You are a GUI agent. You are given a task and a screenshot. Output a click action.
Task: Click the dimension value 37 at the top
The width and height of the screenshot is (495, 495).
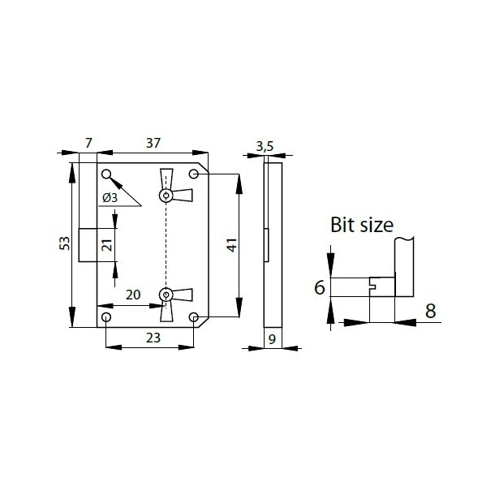pos(153,143)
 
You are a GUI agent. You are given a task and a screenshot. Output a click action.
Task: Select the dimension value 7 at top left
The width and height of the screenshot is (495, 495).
pos(88,143)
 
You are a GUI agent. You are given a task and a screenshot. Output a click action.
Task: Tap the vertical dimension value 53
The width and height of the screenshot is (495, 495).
pos(64,244)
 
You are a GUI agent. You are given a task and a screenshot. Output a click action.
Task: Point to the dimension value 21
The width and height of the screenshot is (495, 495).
pos(105,245)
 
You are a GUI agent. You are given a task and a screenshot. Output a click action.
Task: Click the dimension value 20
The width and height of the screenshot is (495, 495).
pos(134,295)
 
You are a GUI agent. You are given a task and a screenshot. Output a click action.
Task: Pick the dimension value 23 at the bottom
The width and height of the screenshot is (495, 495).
pos(152,337)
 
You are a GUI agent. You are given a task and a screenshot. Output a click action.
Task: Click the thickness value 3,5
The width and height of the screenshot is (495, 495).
pos(265,147)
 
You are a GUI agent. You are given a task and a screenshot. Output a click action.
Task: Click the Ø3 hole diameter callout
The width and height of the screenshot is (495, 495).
pos(111,197)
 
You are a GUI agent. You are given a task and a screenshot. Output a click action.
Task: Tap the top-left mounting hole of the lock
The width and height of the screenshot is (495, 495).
pos(106,174)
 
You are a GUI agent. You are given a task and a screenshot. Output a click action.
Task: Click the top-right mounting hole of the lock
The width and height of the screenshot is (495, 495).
pos(194,174)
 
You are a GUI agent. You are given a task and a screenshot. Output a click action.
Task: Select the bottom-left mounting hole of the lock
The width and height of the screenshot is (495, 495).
pos(106,317)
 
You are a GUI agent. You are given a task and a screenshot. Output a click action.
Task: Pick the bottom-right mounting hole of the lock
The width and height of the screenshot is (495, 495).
pos(194,317)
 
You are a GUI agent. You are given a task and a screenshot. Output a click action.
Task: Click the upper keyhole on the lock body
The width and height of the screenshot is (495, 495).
pos(166,195)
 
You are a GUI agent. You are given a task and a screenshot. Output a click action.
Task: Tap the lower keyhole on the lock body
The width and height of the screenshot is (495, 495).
pos(166,295)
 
